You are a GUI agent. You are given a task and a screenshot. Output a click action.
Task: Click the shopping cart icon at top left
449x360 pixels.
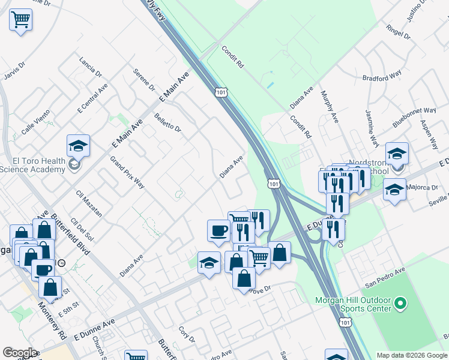pyautogui.click(x=20, y=20)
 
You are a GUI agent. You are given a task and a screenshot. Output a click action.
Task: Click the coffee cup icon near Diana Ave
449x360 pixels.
pyautogui.click(x=219, y=231)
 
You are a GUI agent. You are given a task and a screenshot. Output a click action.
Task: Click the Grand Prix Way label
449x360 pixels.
pyautogui.click(x=127, y=173)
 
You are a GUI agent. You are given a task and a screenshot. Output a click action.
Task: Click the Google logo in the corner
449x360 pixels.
pyautogui.click(x=20, y=353)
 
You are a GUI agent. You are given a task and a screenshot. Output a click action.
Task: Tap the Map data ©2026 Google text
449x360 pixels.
pyautogui.click(x=411, y=355)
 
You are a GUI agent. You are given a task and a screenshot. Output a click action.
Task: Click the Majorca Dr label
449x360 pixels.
pyautogui.click(x=423, y=188)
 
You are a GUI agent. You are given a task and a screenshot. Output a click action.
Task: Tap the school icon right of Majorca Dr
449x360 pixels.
pyautogui.click(x=394, y=190)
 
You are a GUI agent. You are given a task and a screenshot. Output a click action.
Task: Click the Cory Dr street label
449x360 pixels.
pyautogui.click(x=187, y=335)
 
